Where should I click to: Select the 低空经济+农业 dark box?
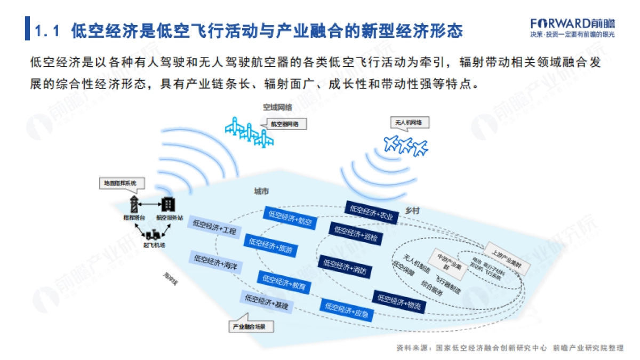point(372,211)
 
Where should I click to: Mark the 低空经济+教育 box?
point(284,282)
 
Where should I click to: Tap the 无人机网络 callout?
point(409,123)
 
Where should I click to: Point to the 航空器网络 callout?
point(284,124)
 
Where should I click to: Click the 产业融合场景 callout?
point(251,325)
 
